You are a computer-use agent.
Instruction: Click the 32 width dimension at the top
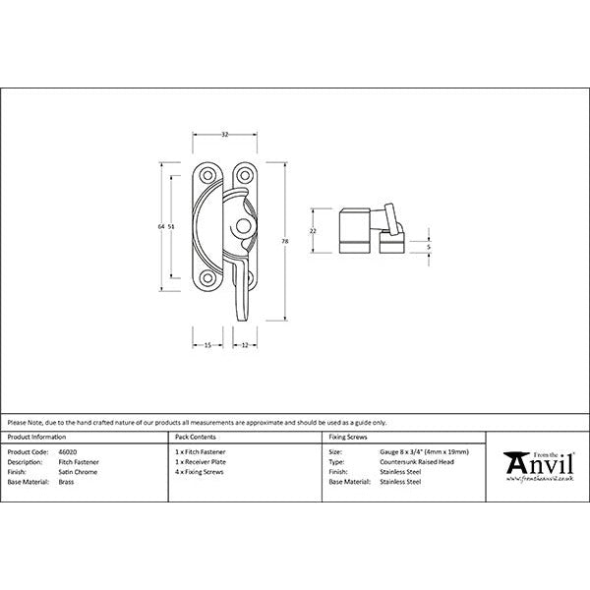224,134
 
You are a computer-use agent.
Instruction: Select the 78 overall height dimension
285,240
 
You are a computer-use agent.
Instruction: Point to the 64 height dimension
159,227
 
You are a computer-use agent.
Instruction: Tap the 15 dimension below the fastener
208,344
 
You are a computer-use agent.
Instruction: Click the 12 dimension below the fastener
243,344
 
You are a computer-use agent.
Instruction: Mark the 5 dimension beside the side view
430,247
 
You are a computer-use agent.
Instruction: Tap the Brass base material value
66,483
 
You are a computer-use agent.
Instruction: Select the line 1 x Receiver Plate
200,461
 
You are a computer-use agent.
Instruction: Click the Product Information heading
36,436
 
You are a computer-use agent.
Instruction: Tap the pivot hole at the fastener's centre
241,227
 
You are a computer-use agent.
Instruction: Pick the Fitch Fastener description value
79,461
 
